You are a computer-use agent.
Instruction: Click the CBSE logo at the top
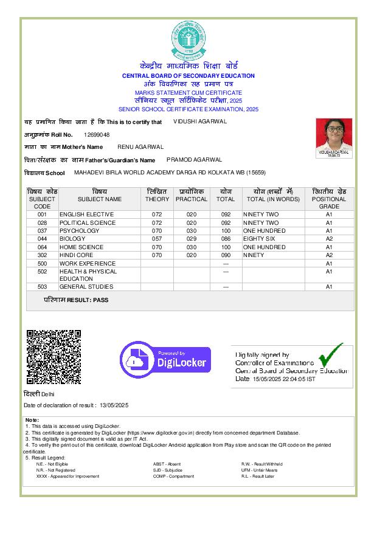tap(188, 38)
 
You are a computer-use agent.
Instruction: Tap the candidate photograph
tap(334, 138)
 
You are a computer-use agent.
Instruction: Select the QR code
tap(54, 356)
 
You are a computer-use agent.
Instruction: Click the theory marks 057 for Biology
tap(157, 239)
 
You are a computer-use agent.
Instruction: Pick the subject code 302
tap(42, 255)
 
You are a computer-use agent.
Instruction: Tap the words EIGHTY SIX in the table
tap(259, 239)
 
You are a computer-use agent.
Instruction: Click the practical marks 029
tap(192, 239)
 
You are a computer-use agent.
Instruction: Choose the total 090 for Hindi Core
tap(226, 255)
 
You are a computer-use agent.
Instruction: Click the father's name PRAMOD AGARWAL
tap(194, 160)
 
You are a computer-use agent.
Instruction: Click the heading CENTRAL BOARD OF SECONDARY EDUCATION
tap(188, 76)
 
